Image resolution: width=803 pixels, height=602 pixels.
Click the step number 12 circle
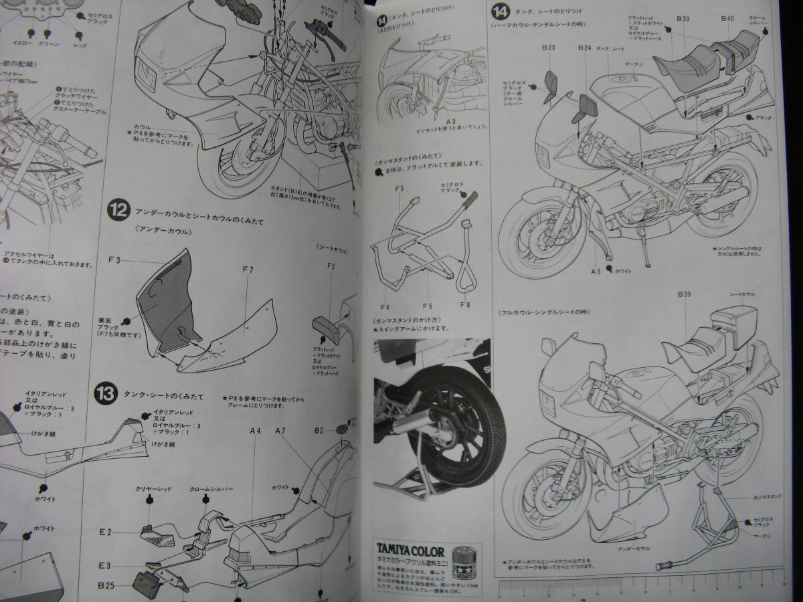117,211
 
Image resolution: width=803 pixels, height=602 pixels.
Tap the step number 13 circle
106,390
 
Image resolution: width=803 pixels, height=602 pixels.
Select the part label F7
248,270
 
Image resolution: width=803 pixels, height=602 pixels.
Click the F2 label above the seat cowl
331,266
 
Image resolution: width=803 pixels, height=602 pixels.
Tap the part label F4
385,307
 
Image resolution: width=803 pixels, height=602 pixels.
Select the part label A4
255,431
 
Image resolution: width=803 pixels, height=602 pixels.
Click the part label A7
280,431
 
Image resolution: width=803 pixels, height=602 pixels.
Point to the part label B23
548,48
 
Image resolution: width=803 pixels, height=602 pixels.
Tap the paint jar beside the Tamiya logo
461,559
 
